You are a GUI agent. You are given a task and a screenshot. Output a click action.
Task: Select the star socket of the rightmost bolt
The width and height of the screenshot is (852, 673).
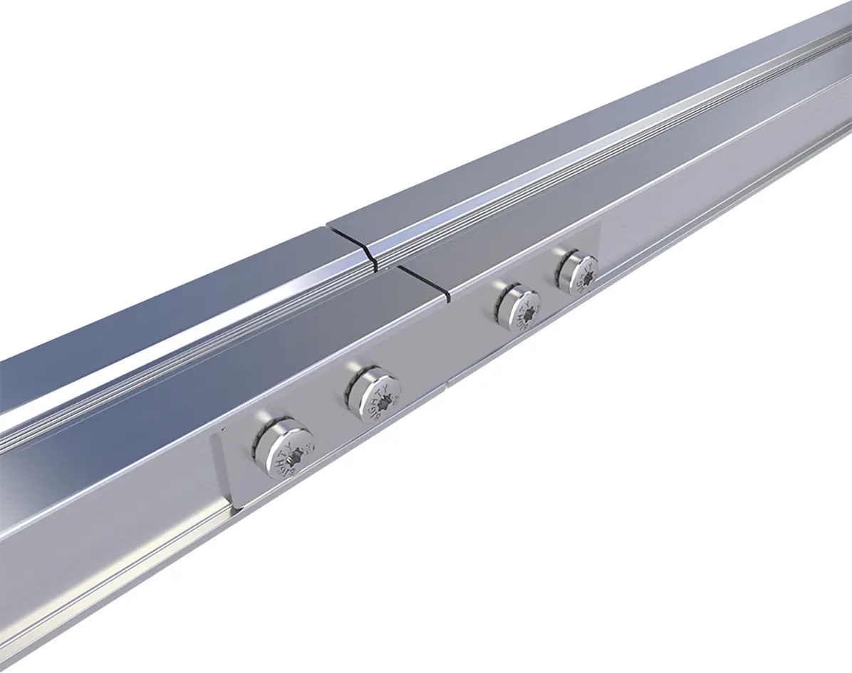tap(585, 276)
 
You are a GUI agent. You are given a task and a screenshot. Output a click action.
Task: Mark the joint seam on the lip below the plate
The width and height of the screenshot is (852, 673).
tap(447, 383)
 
